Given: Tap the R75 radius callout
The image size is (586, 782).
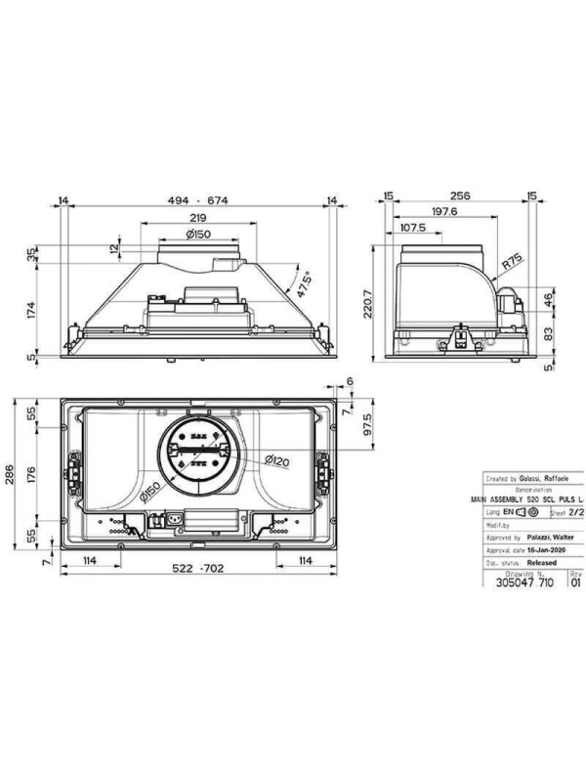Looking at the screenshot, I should (510, 264).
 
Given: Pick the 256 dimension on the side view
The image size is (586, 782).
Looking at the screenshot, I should (460, 196).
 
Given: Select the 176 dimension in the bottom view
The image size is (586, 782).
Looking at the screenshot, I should (30, 477).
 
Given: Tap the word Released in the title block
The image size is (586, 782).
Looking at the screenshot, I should (541, 563).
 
